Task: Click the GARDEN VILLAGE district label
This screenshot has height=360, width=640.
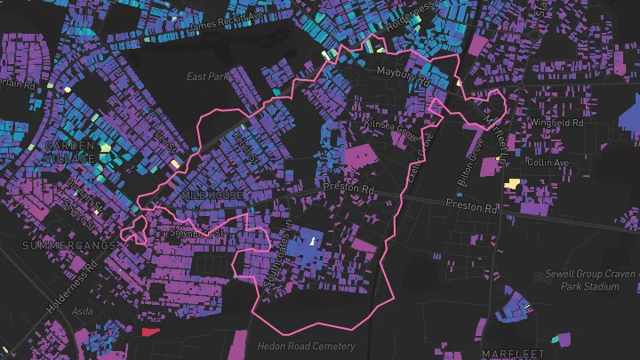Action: pos(69,151)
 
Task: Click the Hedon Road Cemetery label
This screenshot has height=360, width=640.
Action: pos(306,346)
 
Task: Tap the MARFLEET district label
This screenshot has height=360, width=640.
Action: pos(514,352)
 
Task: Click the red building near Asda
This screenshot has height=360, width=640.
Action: pos(148,332)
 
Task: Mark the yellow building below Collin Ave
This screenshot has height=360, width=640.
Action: pos(512,183)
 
